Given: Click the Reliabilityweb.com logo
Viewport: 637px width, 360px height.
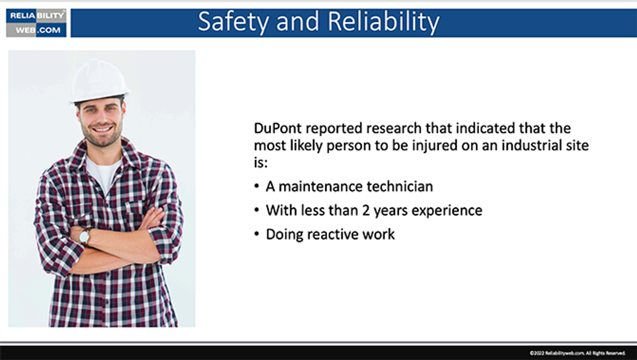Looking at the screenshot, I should click(x=36, y=23).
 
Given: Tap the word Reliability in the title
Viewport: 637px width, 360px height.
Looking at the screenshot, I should click(x=383, y=22).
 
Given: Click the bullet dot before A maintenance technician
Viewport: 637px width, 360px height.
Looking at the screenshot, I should click(x=257, y=187).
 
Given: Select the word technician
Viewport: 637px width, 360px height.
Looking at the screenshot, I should click(x=400, y=187).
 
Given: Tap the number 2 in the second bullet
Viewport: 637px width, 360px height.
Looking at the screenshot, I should click(x=361, y=211).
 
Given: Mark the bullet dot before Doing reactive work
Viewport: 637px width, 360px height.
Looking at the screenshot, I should click(x=257, y=235).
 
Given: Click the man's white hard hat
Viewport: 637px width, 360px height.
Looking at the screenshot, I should click(x=99, y=81).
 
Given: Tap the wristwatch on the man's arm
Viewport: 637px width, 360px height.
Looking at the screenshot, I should click(x=84, y=237).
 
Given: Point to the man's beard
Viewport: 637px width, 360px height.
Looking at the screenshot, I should click(x=101, y=137).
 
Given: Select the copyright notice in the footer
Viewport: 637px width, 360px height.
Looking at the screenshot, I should click(x=577, y=353).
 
